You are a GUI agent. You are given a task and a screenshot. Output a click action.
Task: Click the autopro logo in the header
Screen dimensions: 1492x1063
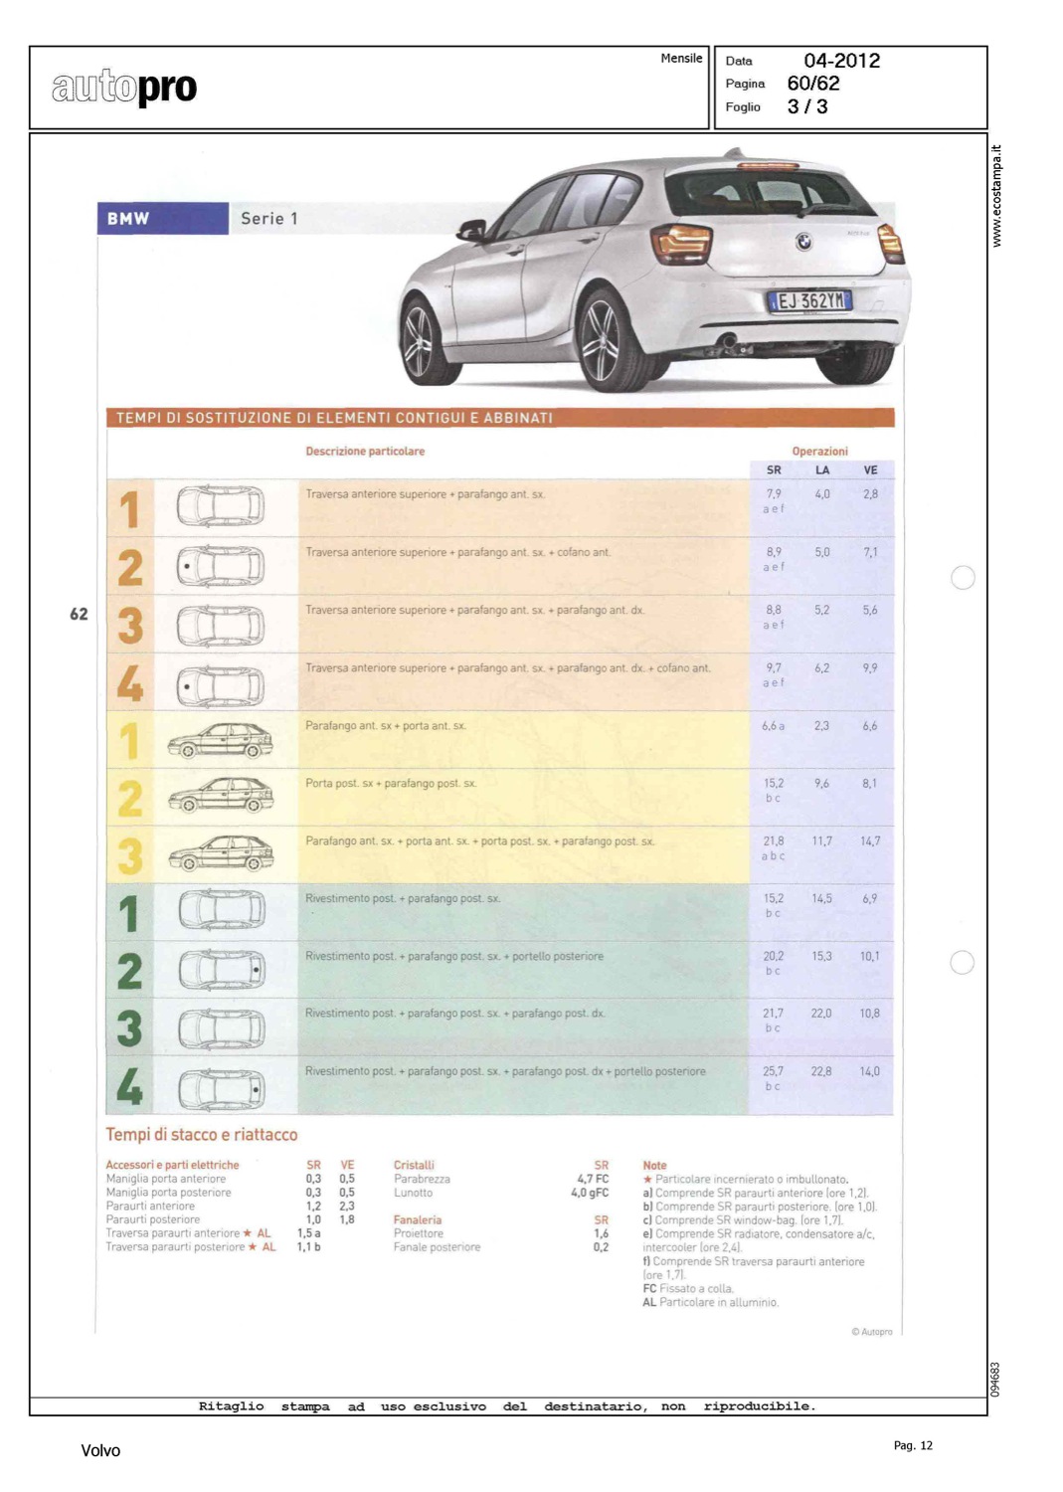(x=124, y=88)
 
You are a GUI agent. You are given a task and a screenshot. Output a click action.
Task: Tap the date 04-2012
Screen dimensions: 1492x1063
(x=841, y=61)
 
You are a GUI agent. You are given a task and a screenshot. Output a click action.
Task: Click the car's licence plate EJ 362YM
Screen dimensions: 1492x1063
(x=809, y=300)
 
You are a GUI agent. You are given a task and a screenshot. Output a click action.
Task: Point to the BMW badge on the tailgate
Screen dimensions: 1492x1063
(x=803, y=241)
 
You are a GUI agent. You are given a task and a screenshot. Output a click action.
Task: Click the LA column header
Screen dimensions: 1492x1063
(x=822, y=470)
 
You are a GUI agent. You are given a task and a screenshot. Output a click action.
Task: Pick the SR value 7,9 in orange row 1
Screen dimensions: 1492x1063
(x=774, y=493)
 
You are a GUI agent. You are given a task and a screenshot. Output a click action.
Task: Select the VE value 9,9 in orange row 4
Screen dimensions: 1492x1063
(x=870, y=668)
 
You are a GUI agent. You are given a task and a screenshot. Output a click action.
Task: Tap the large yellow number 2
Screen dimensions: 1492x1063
(x=130, y=799)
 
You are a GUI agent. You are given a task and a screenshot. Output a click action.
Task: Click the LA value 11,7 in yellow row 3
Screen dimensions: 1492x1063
(x=822, y=841)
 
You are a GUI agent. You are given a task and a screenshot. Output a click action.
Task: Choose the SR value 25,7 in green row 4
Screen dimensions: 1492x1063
(x=773, y=1071)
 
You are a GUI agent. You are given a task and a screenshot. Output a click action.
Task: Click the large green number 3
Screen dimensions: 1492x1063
(x=129, y=1028)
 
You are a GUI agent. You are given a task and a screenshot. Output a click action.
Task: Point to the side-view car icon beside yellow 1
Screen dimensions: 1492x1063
(x=220, y=740)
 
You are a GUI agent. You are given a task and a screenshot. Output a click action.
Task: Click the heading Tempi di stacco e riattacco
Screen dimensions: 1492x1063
(x=202, y=1135)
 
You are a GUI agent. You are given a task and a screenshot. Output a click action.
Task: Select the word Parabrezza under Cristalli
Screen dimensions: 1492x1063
(x=422, y=1179)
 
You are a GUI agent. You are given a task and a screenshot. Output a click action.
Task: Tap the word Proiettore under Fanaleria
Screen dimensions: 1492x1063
(x=419, y=1233)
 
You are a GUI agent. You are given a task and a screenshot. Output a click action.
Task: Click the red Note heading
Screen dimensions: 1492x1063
(x=654, y=1165)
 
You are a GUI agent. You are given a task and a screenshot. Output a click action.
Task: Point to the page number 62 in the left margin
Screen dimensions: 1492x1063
(x=79, y=615)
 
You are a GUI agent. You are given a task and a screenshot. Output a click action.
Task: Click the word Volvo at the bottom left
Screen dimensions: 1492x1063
(x=100, y=1451)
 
